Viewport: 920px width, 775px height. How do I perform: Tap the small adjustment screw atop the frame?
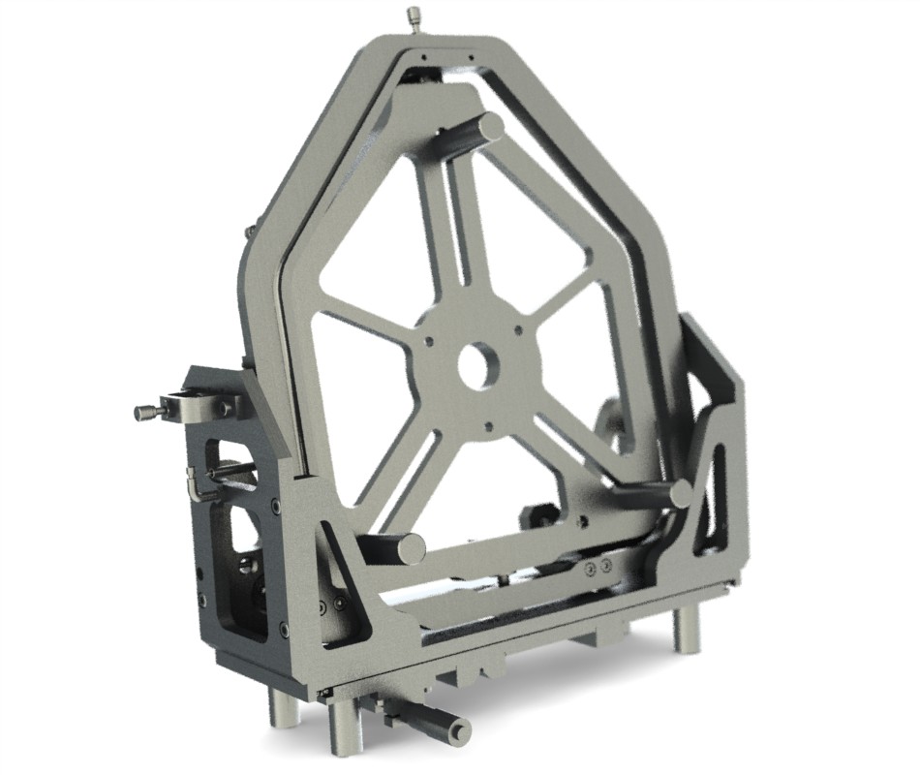pos(415,16)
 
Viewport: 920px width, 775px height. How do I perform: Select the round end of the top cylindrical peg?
pos(491,126)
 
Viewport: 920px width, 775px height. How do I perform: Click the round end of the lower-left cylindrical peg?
pos(412,547)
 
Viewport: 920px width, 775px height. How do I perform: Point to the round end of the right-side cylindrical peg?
pos(681,494)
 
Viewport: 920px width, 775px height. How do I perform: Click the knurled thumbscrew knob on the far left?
pos(144,413)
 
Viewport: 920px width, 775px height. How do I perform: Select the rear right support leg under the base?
pos(686,630)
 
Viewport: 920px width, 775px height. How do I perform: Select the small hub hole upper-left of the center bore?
pos(427,340)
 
